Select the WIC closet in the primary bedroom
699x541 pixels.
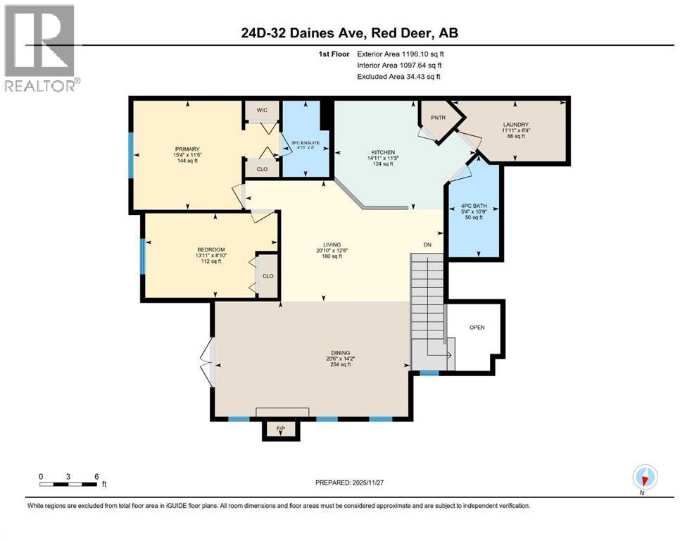(x=261, y=110)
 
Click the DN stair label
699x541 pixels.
(x=427, y=245)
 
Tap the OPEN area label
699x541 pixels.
(x=477, y=328)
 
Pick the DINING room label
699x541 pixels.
(x=341, y=353)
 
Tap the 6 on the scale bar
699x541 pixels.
(x=96, y=475)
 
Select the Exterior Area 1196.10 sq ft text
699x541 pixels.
(x=400, y=54)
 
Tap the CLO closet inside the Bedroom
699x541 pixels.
(x=267, y=275)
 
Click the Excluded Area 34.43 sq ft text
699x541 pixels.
(x=401, y=76)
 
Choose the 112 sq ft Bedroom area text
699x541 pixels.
(x=210, y=261)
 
